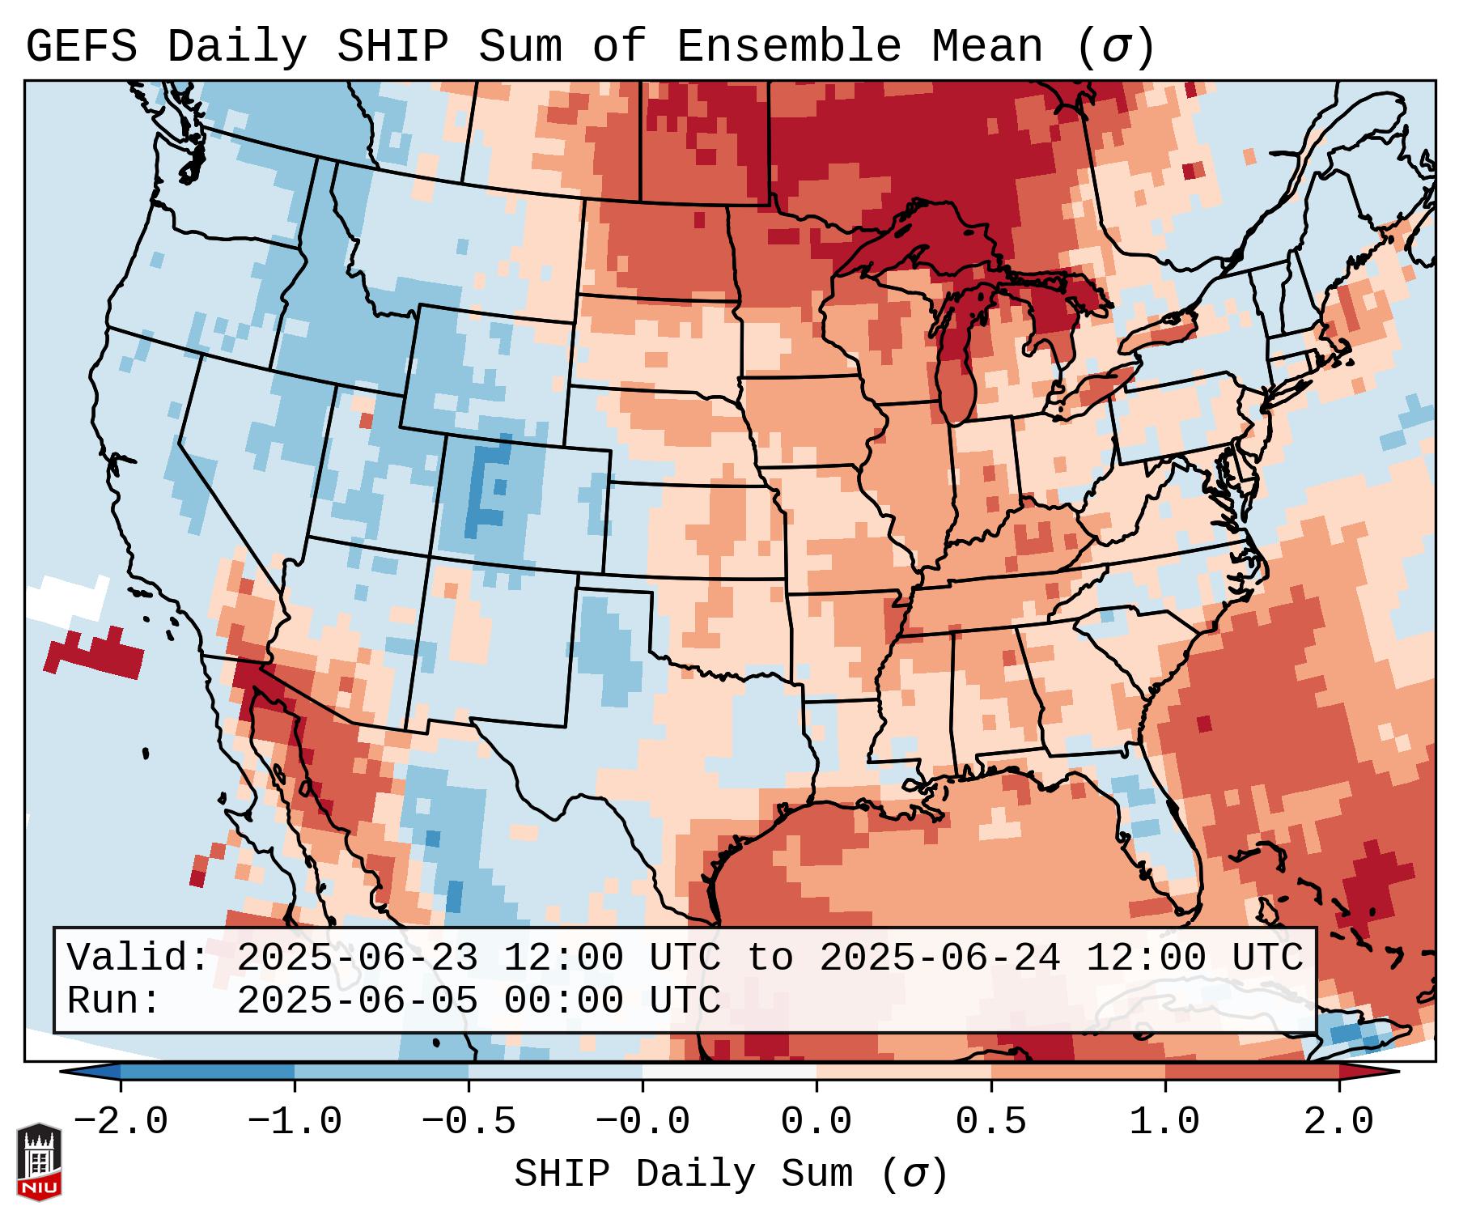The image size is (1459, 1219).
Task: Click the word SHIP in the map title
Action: pos(392,47)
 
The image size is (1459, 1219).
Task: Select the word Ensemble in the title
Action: pos(788,47)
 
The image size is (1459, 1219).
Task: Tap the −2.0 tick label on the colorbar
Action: pos(120,1122)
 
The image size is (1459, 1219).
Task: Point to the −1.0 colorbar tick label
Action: pos(295,1122)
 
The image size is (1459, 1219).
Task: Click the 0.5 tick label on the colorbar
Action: pos(990,1122)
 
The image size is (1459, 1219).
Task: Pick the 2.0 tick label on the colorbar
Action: pos(1338,1122)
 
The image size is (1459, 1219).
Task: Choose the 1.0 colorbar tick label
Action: pos(1164,1122)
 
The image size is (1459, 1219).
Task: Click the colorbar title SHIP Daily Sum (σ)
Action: pos(730,1174)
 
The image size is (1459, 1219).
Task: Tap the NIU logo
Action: pos(39,1162)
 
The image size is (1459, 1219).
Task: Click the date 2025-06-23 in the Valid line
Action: pos(356,958)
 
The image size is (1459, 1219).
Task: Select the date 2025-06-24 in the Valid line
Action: pos(939,958)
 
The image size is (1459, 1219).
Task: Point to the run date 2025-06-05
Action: pos(356,1000)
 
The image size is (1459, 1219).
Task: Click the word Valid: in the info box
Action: pos(138,958)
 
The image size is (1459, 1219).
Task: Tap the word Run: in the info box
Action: pos(113,1000)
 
